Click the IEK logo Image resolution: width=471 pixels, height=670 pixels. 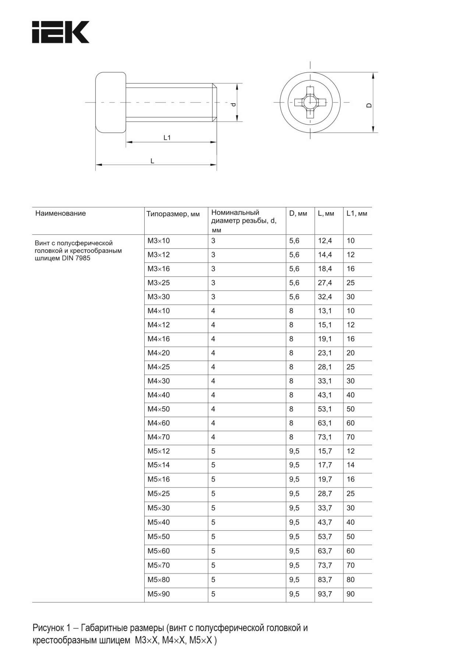tap(61, 32)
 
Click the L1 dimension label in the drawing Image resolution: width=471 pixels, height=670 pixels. tap(167, 137)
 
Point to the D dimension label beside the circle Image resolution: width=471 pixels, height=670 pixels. tap(369, 105)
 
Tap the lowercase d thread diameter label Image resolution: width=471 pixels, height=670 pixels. tap(233, 105)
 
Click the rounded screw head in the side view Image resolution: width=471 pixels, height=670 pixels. tap(111, 102)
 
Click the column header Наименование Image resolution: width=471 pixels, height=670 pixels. tap(60, 213)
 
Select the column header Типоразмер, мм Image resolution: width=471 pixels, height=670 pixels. tap(173, 214)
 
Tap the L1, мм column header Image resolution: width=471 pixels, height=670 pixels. tap(357, 214)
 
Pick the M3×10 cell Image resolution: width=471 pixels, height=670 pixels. tap(159, 241)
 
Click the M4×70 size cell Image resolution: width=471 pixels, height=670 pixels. tap(159, 437)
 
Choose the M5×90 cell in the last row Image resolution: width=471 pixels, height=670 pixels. tap(159, 594)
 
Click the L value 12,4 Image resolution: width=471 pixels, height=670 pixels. tap(325, 241)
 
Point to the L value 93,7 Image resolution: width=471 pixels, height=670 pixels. tap(325, 594)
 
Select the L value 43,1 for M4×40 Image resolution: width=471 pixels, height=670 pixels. tap(325, 395)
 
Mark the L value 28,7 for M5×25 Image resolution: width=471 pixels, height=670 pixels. tap(325, 494)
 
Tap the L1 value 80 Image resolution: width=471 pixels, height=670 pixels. tap(351, 579)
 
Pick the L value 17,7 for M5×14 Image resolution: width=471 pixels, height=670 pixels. tap(325, 465)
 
